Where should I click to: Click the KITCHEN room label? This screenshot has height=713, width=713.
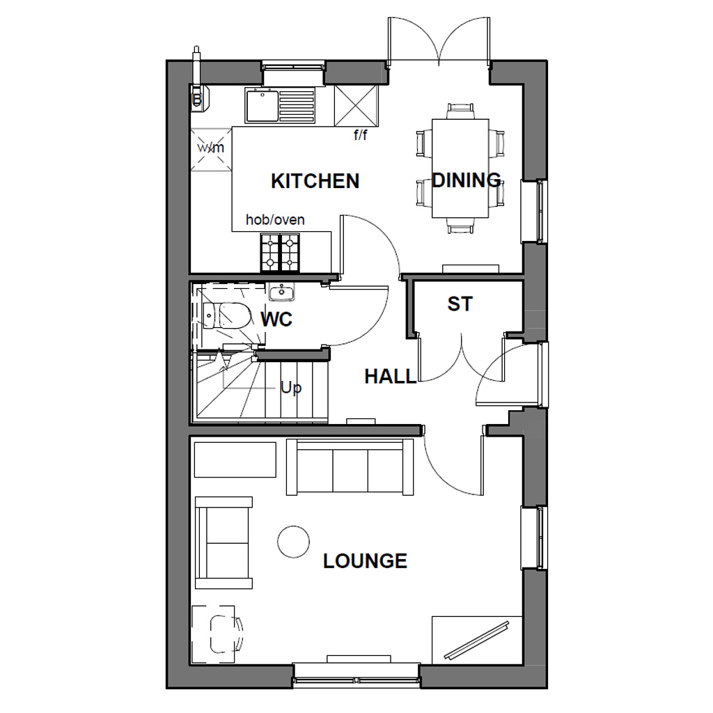click(x=315, y=181)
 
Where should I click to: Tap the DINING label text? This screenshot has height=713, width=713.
click(x=466, y=180)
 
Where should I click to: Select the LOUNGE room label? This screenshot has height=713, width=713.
click(x=365, y=561)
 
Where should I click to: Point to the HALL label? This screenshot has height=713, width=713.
click(x=390, y=377)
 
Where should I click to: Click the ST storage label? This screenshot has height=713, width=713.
click(x=460, y=304)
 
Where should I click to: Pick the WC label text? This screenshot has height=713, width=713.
click(x=276, y=320)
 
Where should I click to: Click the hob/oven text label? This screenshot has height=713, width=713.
click(x=275, y=220)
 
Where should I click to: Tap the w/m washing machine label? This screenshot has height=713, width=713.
click(x=211, y=148)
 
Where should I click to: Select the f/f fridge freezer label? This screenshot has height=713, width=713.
click(x=360, y=136)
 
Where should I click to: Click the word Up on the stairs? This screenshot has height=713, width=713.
click(x=291, y=387)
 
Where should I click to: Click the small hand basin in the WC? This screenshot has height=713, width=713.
click(x=281, y=292)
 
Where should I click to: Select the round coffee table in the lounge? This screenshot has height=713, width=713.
click(x=293, y=541)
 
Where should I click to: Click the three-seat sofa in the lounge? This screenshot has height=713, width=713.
click(x=350, y=467)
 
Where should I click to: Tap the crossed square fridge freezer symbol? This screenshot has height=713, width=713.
click(x=355, y=106)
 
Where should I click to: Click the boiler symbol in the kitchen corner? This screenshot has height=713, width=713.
click(x=200, y=95)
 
